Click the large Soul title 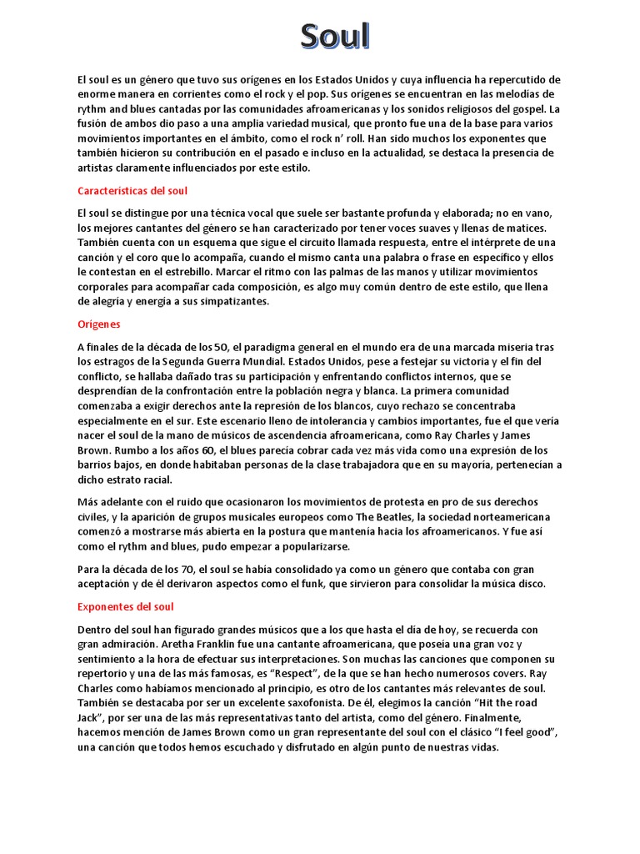pos(335,38)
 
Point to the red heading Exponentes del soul pos(126,606)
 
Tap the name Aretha pos(183,645)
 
